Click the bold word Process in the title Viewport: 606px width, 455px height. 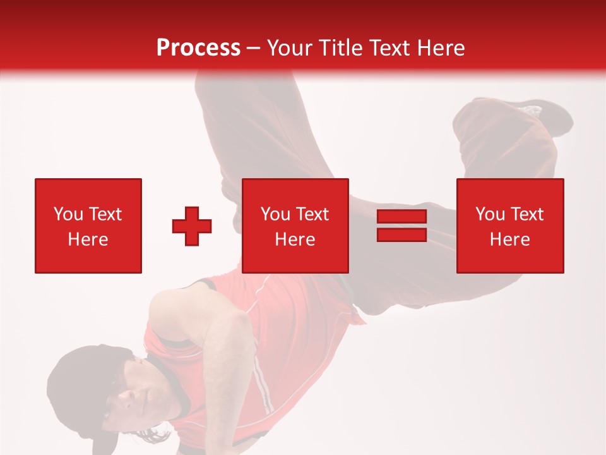click(198, 48)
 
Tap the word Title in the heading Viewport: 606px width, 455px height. click(341, 48)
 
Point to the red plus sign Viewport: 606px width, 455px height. click(192, 226)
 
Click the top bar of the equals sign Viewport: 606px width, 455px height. click(401, 216)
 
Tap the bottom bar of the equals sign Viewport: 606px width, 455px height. click(401, 234)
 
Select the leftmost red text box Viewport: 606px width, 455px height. click(88, 226)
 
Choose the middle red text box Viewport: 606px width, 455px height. click(295, 226)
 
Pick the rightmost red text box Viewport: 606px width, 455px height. click(510, 226)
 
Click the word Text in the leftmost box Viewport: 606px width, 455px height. click(105, 214)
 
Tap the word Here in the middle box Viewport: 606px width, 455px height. click(295, 240)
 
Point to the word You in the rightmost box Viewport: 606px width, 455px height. click(490, 214)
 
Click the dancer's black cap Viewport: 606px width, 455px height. click(76, 379)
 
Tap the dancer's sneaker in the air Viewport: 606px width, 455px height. click(543, 117)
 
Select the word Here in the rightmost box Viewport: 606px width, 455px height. click(510, 240)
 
